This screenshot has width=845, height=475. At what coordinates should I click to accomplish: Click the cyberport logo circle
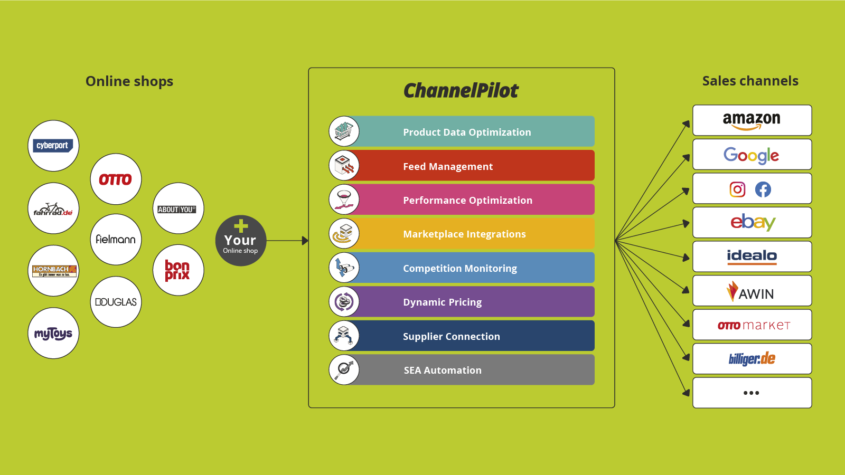click(x=53, y=146)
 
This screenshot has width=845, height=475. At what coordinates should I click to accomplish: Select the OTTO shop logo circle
click(x=116, y=179)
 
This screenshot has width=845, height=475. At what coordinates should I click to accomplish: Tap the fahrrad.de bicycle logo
click(x=53, y=208)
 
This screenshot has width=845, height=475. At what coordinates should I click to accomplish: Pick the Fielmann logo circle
click(x=116, y=239)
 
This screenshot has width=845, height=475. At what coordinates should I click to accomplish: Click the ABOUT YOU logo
click(x=177, y=209)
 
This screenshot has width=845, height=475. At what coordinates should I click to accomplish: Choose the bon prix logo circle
click(x=178, y=270)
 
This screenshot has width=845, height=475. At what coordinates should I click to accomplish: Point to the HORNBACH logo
click(x=54, y=271)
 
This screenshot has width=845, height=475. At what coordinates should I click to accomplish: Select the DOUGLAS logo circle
click(x=116, y=302)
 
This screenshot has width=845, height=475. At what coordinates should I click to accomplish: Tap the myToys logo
click(x=53, y=333)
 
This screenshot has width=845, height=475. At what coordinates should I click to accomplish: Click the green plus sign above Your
click(x=241, y=226)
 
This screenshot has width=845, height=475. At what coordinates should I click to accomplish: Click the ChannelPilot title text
click(x=461, y=91)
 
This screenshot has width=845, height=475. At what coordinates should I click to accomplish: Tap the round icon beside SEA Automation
click(x=344, y=369)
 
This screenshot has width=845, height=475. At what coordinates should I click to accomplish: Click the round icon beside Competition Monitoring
click(x=344, y=268)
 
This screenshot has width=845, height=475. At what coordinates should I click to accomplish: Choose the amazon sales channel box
click(x=752, y=120)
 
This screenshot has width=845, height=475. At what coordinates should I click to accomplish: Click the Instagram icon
click(x=737, y=189)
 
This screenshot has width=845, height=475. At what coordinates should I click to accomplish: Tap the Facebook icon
click(x=763, y=189)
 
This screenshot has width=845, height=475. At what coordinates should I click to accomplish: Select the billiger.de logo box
click(x=752, y=359)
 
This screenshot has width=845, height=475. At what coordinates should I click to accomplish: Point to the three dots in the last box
click(x=751, y=393)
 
